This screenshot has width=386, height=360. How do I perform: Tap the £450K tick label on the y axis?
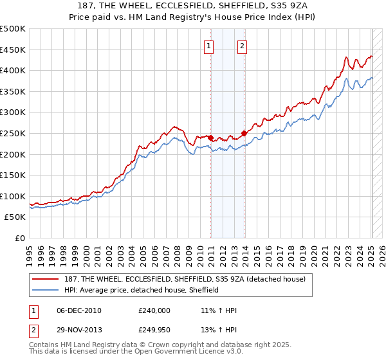pos(13,50)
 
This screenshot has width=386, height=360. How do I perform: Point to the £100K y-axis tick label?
pos(13,196)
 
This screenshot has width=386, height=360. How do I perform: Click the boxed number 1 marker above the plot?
pos(210,46)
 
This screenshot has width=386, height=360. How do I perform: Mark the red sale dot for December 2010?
pos(211,137)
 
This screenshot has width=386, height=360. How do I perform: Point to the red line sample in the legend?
pos(46,280)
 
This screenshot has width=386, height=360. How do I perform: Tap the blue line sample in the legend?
pos(46,290)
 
